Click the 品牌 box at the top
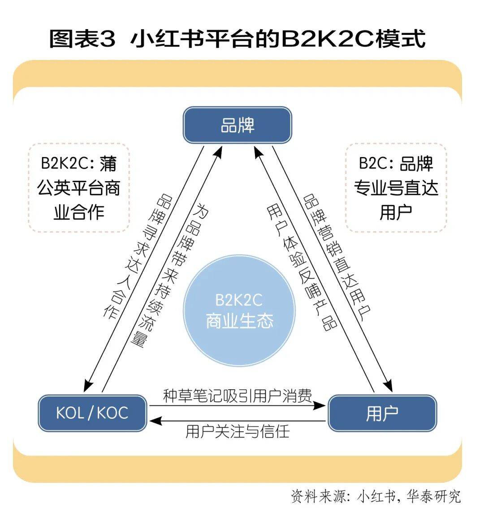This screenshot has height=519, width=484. [x=238, y=125]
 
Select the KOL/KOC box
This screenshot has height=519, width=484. [x=92, y=413]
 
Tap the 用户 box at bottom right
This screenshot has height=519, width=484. [x=382, y=413]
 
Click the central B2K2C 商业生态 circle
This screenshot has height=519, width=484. [x=239, y=311]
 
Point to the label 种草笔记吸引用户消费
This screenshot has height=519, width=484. [x=238, y=396]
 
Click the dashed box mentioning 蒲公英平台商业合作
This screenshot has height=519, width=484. [x=79, y=187]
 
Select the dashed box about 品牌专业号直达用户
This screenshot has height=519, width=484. [x=396, y=187]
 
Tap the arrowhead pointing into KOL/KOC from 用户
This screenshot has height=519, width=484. [x=155, y=421]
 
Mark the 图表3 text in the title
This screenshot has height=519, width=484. [x=82, y=39]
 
